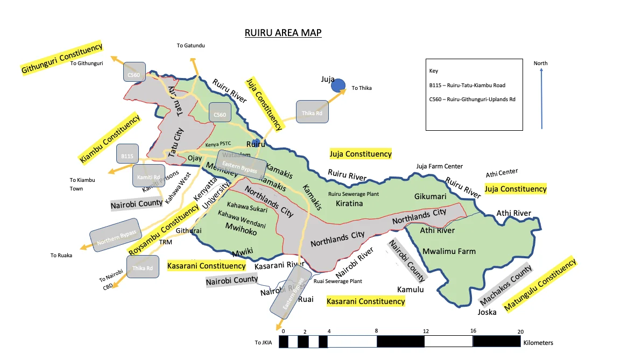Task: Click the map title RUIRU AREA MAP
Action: point(283,33)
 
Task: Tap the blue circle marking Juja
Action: point(338,84)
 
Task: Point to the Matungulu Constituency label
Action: point(540,285)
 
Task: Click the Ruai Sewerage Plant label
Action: point(337,281)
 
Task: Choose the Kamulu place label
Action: point(411,290)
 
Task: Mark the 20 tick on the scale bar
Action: point(520,331)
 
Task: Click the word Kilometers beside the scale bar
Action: point(538,342)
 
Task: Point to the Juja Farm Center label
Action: point(439,166)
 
